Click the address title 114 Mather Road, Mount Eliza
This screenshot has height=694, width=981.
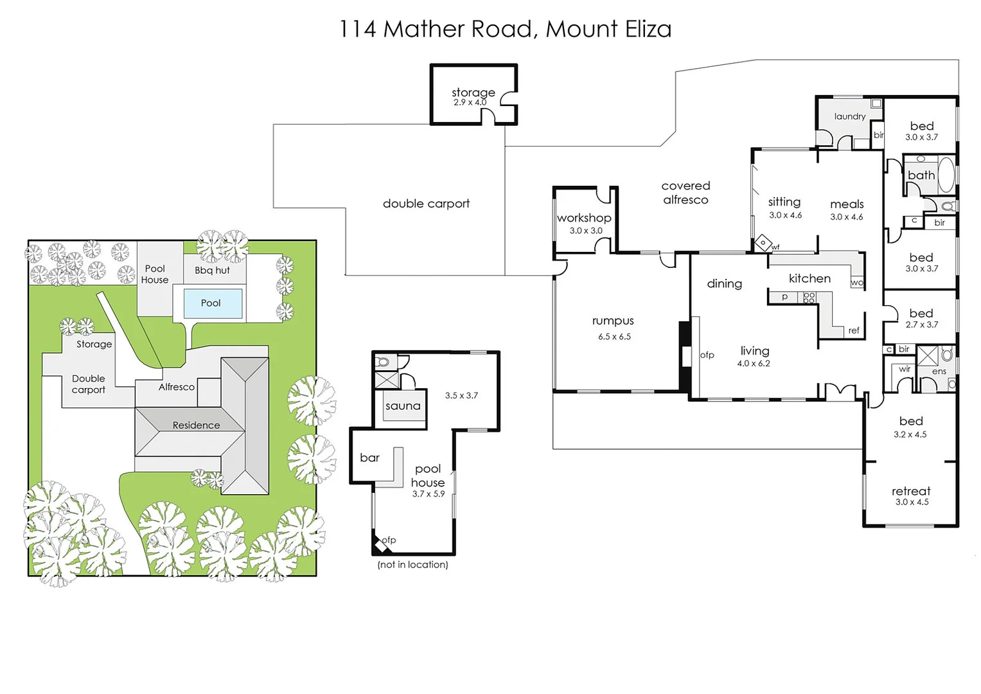pyautogui.click(x=505, y=29)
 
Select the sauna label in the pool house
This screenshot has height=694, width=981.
pyautogui.click(x=403, y=406)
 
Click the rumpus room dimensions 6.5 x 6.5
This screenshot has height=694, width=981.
pyautogui.click(x=614, y=337)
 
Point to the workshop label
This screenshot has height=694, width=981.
pyautogui.click(x=584, y=218)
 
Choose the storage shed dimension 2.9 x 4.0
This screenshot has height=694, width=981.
pyautogui.click(x=470, y=103)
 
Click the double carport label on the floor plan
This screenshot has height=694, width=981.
pyautogui.click(x=426, y=204)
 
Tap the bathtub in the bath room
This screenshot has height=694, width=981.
pyautogui.click(x=946, y=173)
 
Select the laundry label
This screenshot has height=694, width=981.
pyautogui.click(x=849, y=116)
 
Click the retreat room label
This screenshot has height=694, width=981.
pyautogui.click(x=910, y=491)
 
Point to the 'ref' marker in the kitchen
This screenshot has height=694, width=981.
pyautogui.click(x=853, y=330)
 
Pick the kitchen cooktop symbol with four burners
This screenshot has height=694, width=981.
pyautogui.click(x=809, y=297)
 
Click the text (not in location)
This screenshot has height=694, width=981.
pyautogui.click(x=412, y=565)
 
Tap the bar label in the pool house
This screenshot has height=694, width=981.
pyautogui.click(x=369, y=458)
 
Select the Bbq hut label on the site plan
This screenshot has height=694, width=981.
pyautogui.click(x=212, y=271)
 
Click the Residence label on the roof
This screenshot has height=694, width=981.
pyautogui.click(x=196, y=425)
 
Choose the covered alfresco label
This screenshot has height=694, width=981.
pyautogui.click(x=685, y=193)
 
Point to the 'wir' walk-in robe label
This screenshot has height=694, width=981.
pyautogui.click(x=905, y=369)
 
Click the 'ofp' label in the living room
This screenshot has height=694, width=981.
pyautogui.click(x=707, y=355)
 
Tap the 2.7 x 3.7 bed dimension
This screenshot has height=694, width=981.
pyautogui.click(x=921, y=325)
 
